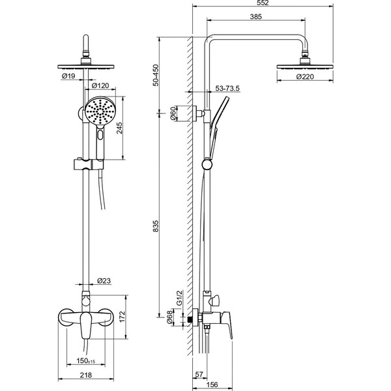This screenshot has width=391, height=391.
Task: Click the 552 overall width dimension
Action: pos(263,3)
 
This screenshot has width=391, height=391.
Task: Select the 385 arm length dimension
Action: pos(256,17)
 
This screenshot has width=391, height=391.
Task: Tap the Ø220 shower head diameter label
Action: pos(305,77)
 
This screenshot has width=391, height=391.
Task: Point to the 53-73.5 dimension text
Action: pos(227,88)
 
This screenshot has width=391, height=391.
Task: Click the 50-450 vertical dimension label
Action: pos(156,76)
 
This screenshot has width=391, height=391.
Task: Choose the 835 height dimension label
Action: pos(156,226)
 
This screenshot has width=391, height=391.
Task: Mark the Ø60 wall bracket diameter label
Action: pos(173,113)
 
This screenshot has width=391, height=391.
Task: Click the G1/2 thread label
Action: pos(180,298)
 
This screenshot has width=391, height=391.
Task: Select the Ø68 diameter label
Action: pos(169,317)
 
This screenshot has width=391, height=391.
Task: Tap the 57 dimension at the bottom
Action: pos(199,374)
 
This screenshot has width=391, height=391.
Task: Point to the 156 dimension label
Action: pos(212,384)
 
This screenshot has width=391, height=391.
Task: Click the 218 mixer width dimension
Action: pos(86,375)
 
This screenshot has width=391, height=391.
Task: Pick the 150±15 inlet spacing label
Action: pos(86,361)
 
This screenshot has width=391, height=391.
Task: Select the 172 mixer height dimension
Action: pos(123,317)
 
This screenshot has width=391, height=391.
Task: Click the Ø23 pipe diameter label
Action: pos(104,281)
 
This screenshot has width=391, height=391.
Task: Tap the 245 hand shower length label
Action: pos(120,128)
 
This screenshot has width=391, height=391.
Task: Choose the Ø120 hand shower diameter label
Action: pos(100,85)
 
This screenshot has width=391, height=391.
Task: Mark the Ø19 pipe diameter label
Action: pos(68,76)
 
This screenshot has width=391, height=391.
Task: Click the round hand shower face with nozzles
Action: pos(100,111)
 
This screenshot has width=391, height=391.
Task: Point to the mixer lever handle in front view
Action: pos(86,325)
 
